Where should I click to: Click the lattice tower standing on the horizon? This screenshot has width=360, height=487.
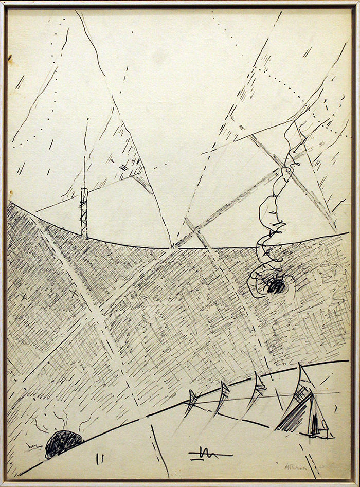pos(84,212)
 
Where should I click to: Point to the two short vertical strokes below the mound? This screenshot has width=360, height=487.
pos(99,459)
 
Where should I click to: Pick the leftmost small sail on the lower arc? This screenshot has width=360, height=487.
pos(191,400)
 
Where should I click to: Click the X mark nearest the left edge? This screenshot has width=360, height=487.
pos(22,297)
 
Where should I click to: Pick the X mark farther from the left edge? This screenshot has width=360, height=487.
pos(73,293)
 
